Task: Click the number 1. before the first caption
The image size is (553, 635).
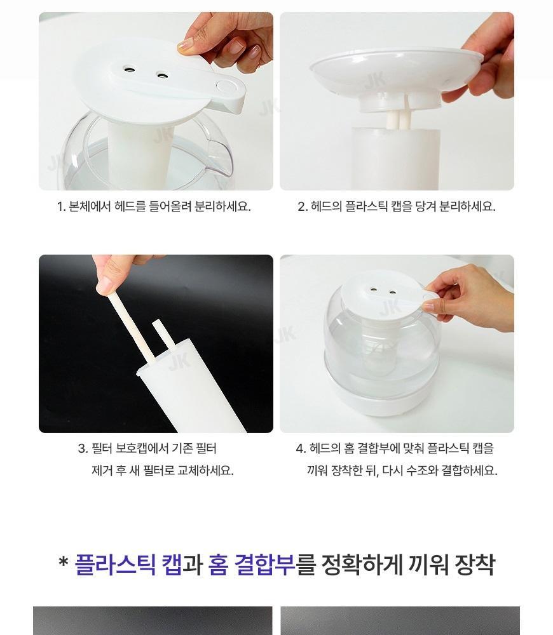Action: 61,206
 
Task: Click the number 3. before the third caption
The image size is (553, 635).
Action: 83,448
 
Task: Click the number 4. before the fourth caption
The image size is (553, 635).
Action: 301,448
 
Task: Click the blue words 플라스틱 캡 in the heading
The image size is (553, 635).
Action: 128,564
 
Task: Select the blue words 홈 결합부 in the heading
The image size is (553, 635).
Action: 252,564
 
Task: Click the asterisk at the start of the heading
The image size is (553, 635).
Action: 64,562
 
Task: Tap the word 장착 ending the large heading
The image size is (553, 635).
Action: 475,564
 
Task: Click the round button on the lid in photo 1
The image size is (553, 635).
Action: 224,86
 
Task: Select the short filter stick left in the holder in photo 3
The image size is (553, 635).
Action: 164,335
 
